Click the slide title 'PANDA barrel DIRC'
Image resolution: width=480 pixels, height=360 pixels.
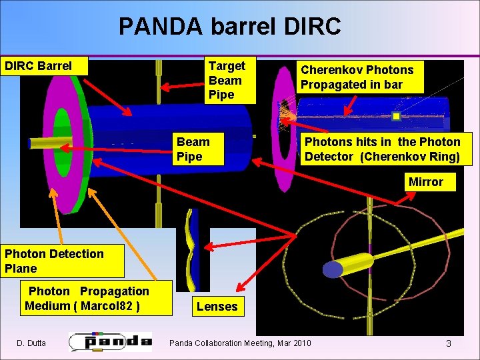point(230,26)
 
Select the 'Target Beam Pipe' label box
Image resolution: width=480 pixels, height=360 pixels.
point(227,80)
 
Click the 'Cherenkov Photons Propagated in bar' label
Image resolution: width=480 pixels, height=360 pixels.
point(357,77)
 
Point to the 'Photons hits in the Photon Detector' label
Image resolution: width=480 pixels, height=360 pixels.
point(383,149)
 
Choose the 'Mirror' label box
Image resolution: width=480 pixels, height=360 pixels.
point(425,182)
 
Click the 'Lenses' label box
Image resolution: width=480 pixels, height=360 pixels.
point(217,307)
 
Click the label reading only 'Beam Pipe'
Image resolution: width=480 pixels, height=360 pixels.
point(193,149)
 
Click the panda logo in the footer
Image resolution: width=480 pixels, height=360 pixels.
point(110,341)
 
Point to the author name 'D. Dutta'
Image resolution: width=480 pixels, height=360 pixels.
point(31,343)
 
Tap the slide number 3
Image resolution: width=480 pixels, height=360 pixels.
point(449,343)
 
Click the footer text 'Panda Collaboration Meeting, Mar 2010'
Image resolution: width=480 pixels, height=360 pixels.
point(240,343)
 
